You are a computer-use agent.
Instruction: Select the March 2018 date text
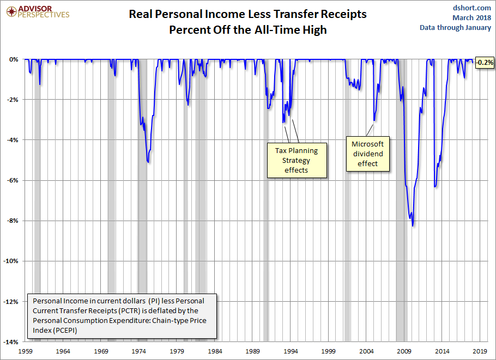point(471,17)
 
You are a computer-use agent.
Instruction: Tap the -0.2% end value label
point(484,63)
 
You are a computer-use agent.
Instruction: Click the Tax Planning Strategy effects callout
point(297,160)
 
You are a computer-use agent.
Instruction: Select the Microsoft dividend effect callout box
point(367,154)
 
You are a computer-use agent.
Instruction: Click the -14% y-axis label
point(11,341)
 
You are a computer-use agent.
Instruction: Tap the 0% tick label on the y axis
point(14,59)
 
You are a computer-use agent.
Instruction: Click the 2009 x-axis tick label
point(404,352)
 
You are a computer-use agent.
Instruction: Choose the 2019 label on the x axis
point(480,352)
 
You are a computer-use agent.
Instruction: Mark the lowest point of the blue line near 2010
point(413,225)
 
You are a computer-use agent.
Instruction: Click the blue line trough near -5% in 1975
point(148,162)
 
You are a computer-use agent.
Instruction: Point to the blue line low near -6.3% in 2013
point(434,187)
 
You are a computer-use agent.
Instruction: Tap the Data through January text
point(455,28)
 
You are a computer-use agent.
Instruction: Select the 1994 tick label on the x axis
point(291,352)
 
